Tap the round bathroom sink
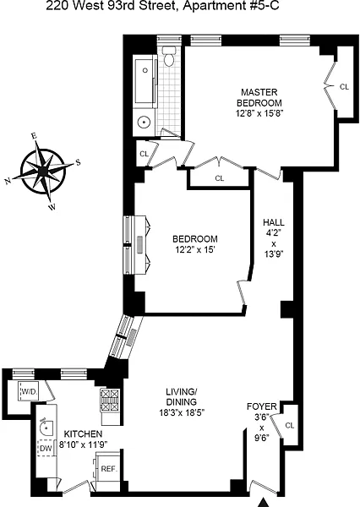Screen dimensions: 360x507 (144, 123)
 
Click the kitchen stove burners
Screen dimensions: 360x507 (110, 400)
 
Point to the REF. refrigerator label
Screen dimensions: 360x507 (109, 469)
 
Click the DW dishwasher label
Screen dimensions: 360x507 (46, 449)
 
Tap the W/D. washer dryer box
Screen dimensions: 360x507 (30, 391)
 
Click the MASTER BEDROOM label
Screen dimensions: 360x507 (259, 98)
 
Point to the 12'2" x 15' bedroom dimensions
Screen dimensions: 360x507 (194, 250)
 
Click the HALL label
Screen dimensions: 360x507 (274, 222)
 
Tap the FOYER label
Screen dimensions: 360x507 (262, 406)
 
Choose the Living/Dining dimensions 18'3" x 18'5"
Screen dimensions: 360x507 (183, 412)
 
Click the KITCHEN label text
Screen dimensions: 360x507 (83, 434)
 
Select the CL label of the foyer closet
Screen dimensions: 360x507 (290, 426)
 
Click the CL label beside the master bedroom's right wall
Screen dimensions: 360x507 (345, 87)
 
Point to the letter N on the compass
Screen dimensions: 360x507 (8, 182)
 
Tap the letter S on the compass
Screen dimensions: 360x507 (78, 162)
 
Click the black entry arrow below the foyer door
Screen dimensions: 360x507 (265, 503)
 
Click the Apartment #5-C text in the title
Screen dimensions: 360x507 (231, 6)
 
